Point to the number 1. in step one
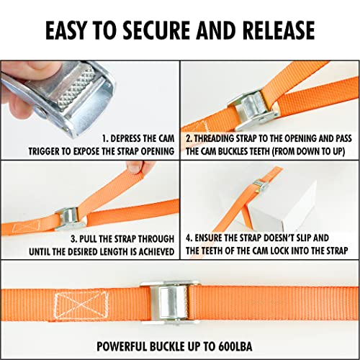point(106,137)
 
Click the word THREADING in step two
point(220,137)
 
